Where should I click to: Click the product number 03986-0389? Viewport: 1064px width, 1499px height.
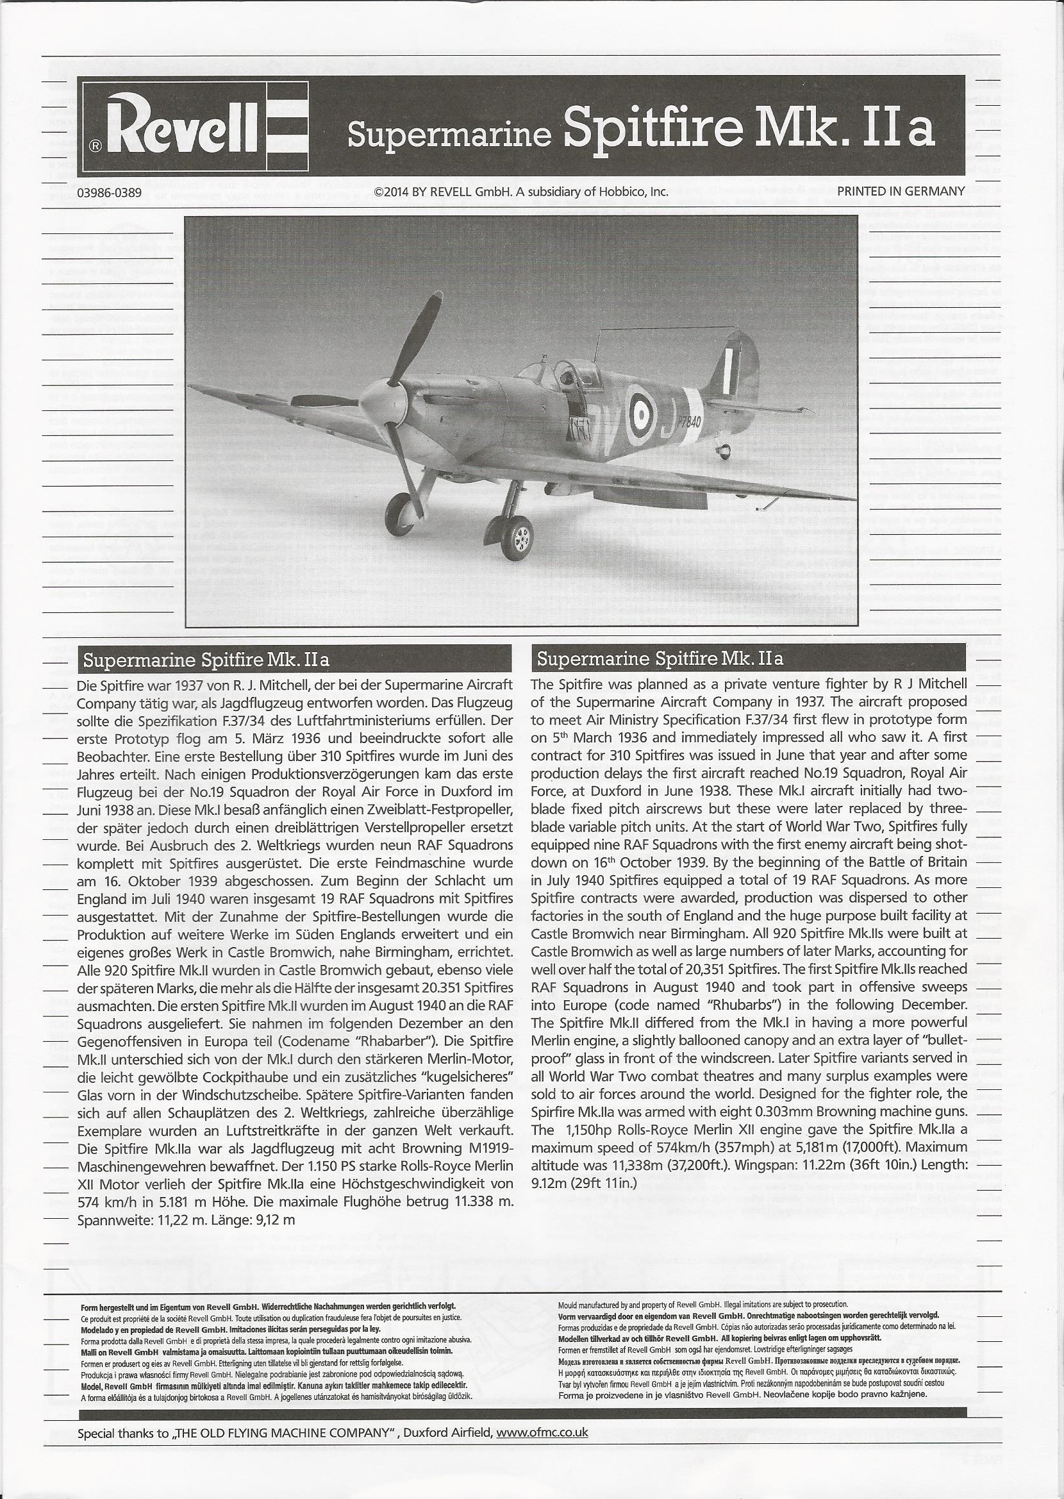pyautogui.click(x=109, y=192)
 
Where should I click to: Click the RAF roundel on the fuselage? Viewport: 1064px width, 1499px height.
pyautogui.click(x=642, y=412)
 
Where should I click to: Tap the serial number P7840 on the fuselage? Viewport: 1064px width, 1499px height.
pyautogui.click(x=686, y=421)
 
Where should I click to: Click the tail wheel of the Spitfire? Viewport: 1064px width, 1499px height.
pyautogui.click(x=724, y=451)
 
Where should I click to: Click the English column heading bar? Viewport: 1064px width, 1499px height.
pyautogui.click(x=749, y=658)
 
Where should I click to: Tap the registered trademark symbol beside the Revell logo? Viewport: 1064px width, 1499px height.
pyautogui.click(x=96, y=146)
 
